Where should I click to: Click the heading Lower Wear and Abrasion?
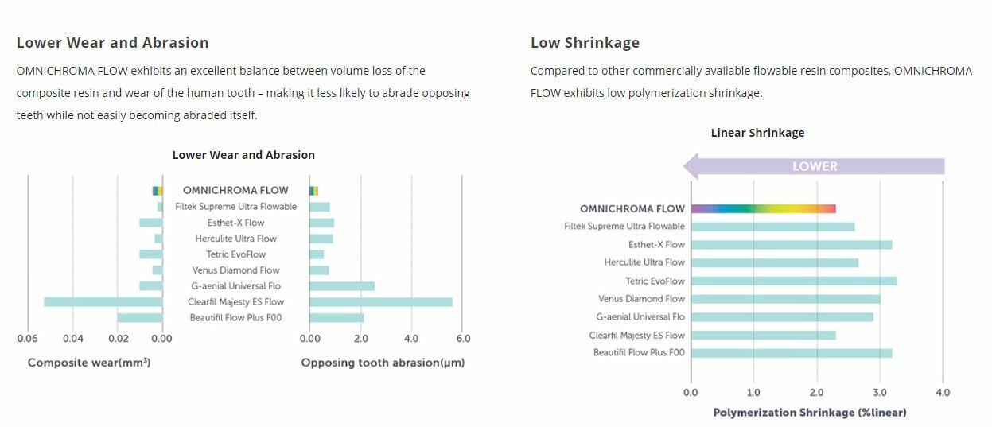click(x=112, y=43)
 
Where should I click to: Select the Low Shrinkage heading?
click(x=585, y=43)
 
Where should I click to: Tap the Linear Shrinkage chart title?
click(x=757, y=133)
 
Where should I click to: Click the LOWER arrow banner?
click(x=814, y=166)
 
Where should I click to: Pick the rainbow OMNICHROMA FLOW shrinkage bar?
click(x=763, y=208)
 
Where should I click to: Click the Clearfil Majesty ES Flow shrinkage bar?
click(x=763, y=335)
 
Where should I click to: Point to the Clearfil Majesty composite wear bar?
click(x=103, y=302)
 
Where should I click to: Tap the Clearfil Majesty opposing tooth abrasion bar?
click(x=380, y=302)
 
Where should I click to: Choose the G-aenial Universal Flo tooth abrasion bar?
click(x=341, y=286)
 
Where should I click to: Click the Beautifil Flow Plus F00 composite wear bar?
click(x=139, y=318)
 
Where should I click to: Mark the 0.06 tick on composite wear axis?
click(x=28, y=339)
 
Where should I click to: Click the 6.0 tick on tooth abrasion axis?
click(x=462, y=339)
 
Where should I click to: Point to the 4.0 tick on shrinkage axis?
click(x=942, y=393)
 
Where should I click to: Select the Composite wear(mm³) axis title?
click(x=89, y=363)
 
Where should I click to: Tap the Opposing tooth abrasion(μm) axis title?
click(x=383, y=363)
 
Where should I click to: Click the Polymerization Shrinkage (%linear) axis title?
click(x=809, y=413)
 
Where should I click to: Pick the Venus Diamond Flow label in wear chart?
click(x=235, y=270)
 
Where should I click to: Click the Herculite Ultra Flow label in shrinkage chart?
click(x=644, y=262)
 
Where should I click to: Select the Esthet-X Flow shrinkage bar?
click(x=791, y=244)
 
